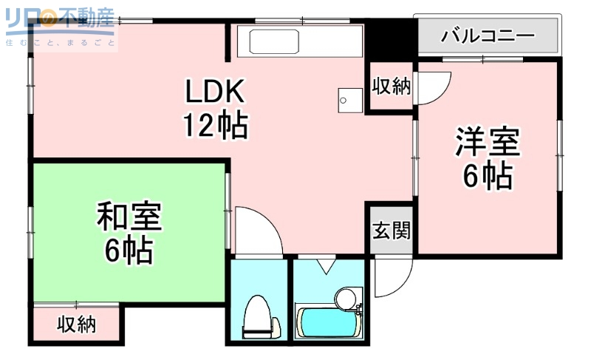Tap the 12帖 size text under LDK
(215, 126)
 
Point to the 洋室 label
(488, 142)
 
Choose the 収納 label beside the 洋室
(391, 86)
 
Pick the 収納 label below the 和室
(77, 325)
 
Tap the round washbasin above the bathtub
(345, 299)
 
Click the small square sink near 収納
(346, 97)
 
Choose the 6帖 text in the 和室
(129, 251)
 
